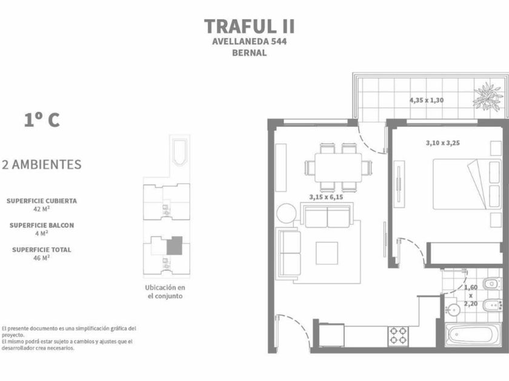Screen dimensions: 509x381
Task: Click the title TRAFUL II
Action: (x=249, y=26)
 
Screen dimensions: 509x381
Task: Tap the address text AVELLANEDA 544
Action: (x=249, y=42)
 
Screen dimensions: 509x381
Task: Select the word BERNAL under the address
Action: (x=249, y=53)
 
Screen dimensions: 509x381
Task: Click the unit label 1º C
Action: (x=42, y=120)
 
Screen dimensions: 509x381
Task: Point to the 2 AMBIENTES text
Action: (x=42, y=164)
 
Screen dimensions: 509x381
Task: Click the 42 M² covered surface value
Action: (x=42, y=209)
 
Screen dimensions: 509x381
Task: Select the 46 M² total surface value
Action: (x=42, y=258)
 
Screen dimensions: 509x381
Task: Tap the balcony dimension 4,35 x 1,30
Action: (x=427, y=100)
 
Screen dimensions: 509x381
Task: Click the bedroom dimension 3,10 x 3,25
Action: (x=443, y=143)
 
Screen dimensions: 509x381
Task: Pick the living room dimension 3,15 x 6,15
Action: (x=326, y=197)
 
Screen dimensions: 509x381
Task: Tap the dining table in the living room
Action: (x=338, y=168)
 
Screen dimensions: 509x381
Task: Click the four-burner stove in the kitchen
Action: (x=398, y=336)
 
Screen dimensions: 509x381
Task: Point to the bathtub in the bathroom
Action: (x=473, y=334)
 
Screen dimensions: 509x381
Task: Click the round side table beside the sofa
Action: (x=286, y=213)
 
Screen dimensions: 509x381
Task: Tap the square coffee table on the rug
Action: (x=327, y=253)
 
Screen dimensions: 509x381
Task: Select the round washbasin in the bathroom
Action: (x=453, y=310)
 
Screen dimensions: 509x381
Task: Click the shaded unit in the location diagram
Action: (x=175, y=246)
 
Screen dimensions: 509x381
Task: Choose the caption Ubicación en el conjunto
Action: (x=165, y=291)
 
